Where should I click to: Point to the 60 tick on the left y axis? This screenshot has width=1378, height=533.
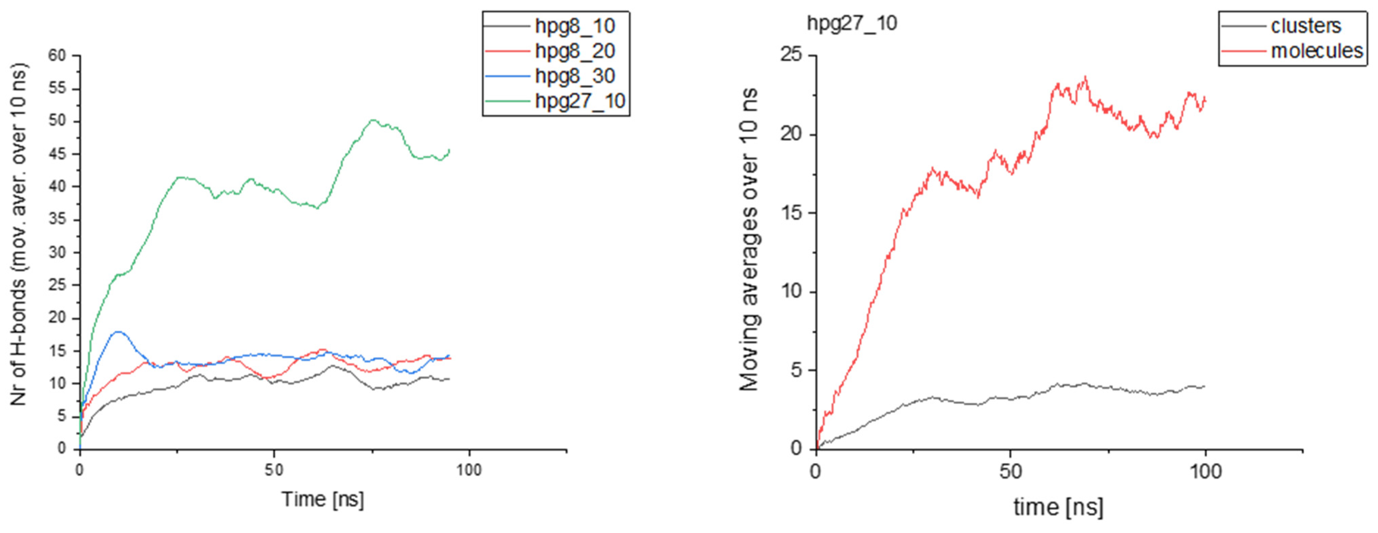[57, 56]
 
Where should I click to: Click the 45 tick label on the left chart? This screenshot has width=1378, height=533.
[57, 154]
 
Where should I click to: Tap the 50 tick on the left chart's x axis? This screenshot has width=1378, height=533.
[274, 470]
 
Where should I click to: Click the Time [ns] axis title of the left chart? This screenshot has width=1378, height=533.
[323, 499]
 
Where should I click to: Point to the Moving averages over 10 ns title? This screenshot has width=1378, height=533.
[749, 240]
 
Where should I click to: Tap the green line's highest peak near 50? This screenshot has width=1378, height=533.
[373, 120]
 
